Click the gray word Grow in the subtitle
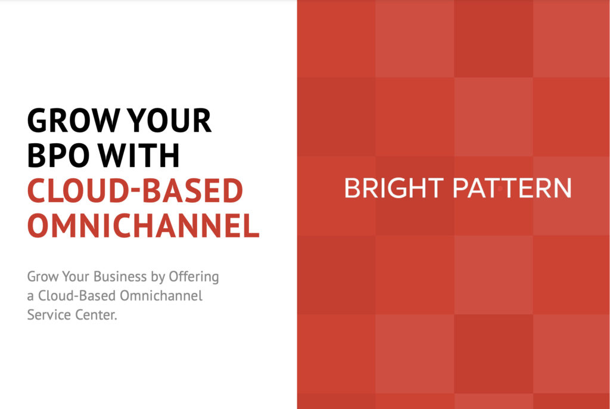41,277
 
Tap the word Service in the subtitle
47,314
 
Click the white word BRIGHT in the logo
393,188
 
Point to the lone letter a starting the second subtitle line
30,297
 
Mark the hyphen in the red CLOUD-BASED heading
138,192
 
